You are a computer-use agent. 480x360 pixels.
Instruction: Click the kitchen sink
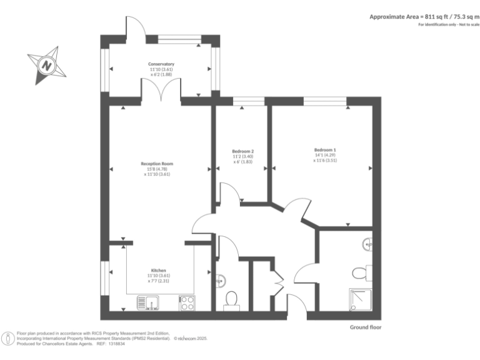pos(149,303)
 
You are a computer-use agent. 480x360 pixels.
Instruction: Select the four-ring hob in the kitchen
pos(187,303)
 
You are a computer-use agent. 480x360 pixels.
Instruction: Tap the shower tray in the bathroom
pos(361,301)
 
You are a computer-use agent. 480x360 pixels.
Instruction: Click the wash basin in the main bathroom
pos(366,244)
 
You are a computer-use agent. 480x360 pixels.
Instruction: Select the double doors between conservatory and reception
pos(161,91)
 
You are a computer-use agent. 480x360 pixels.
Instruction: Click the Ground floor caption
pos(366,327)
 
